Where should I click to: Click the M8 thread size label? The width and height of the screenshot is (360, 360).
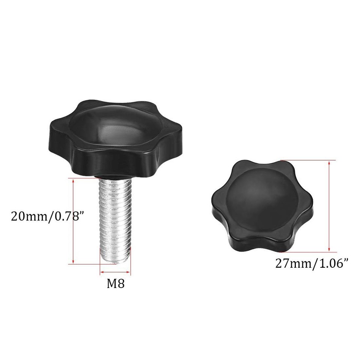pos(115,283)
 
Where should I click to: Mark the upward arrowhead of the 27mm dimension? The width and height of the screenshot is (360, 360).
pos(329,162)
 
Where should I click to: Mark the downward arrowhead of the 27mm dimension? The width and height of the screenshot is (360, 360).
pos(329,249)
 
